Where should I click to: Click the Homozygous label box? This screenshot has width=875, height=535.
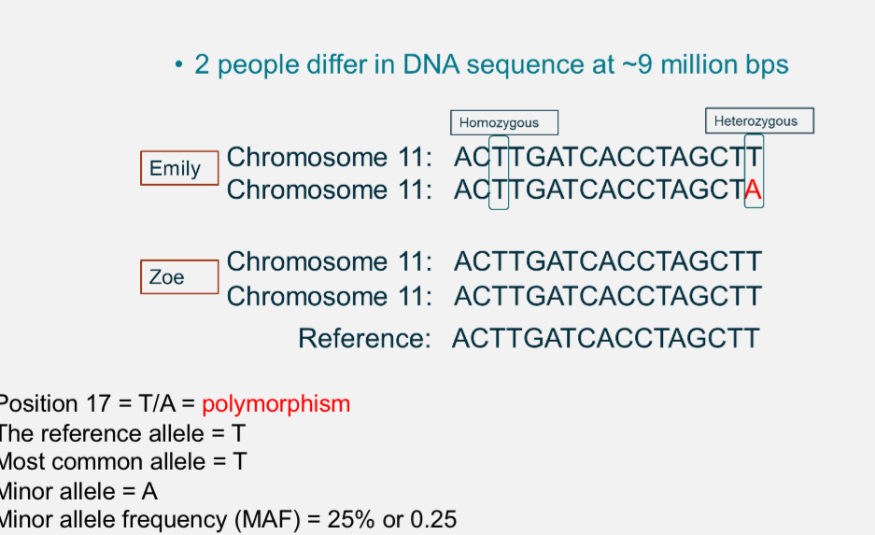pos(505,122)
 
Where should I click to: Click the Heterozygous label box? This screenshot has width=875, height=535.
pos(758,120)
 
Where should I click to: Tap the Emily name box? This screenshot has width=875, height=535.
pos(179,168)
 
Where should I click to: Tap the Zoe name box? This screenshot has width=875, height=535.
pos(179,277)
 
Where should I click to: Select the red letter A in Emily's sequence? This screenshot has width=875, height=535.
pos(754,190)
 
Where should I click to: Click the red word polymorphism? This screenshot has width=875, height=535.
pos(275,403)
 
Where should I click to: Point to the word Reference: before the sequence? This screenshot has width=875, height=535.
pos(364,337)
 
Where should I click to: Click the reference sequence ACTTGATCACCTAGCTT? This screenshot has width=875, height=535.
pos(605,337)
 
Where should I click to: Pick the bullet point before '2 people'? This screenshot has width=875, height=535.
pos(178,65)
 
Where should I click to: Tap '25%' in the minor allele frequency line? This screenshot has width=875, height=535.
pos(351,519)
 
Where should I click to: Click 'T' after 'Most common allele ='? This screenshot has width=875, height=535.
pos(239,461)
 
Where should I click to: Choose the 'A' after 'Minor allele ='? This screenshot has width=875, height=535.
pos(149,490)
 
